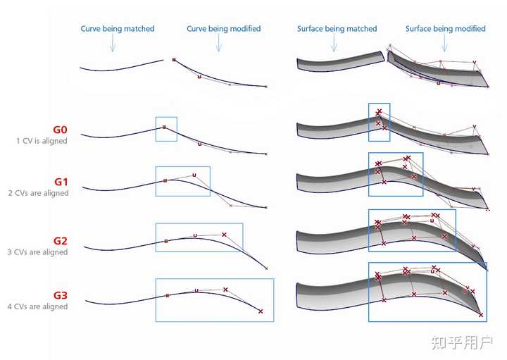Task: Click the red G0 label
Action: (x=60, y=130)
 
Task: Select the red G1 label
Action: (x=61, y=182)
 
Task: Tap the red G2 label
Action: (x=61, y=241)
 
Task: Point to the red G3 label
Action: (x=61, y=295)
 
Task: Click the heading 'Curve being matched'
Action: (x=118, y=29)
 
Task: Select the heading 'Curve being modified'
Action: (x=224, y=29)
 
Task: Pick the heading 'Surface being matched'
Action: (x=337, y=29)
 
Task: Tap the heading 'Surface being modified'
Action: (x=446, y=29)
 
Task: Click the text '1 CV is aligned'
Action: (x=42, y=141)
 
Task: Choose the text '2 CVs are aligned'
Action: (x=38, y=193)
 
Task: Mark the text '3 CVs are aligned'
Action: (x=37, y=252)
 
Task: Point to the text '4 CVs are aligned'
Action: (x=37, y=306)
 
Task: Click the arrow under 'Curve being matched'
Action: (x=113, y=43)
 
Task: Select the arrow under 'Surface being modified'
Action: (x=444, y=43)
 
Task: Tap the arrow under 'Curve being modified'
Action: (x=219, y=43)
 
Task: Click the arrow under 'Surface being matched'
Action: (x=334, y=43)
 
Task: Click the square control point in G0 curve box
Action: (x=164, y=127)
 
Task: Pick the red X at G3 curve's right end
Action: (x=261, y=311)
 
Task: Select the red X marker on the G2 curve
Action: (x=224, y=235)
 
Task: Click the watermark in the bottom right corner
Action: (x=462, y=342)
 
